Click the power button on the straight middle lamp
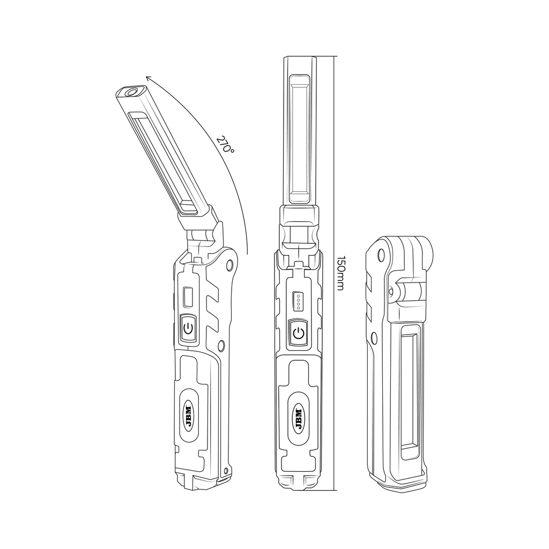pyautogui.click(x=299, y=334)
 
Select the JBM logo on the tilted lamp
pyautogui.click(x=190, y=414)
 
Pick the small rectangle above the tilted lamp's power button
pyautogui.click(x=188, y=296)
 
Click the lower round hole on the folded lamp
pyautogui.click(x=374, y=338)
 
